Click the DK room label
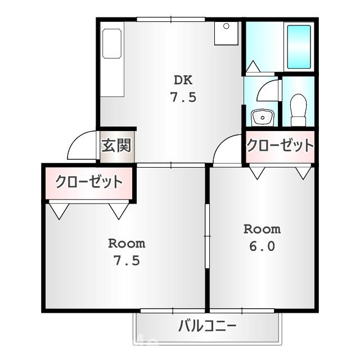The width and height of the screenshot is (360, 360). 183,79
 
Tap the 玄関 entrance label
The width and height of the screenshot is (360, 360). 116,146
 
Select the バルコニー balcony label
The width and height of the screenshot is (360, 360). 208,326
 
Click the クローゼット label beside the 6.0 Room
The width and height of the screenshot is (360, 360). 280,146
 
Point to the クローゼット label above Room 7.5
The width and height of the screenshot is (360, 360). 88,182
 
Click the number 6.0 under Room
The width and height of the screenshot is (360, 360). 262,246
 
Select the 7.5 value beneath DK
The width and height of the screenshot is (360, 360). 183,97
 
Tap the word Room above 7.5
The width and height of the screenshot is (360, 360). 127,244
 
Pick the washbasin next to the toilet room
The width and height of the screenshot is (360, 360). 261,117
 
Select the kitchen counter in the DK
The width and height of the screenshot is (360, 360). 112,61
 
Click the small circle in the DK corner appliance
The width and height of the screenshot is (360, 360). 226,26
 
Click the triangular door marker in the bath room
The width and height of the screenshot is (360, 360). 253,67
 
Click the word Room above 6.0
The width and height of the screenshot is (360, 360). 262,229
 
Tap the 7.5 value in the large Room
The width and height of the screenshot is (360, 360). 127,261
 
